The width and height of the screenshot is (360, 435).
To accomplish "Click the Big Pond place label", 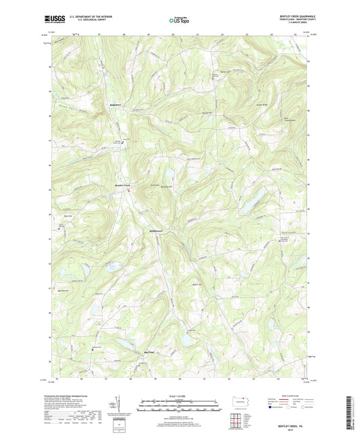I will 149,352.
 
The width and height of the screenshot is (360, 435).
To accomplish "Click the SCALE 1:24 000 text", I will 180,396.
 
